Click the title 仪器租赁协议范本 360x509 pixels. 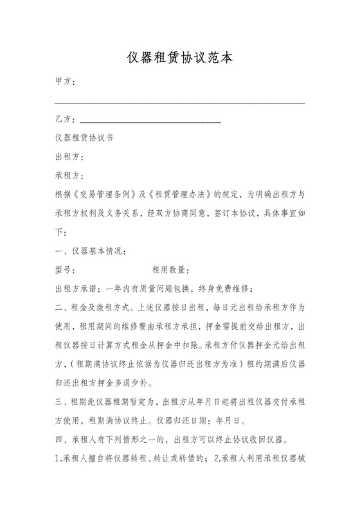tap(179, 58)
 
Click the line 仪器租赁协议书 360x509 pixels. tap(84, 138)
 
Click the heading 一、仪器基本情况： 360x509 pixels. tap(91, 250)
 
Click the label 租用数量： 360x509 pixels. tap(170, 269)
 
